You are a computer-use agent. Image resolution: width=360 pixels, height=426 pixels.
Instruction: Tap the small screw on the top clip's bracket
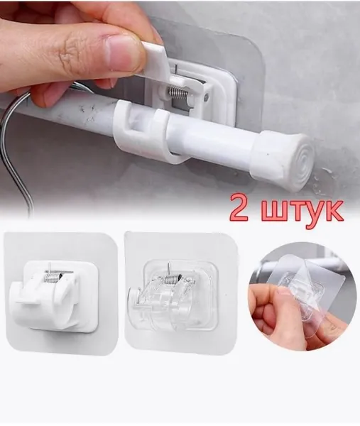click(207, 96)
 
